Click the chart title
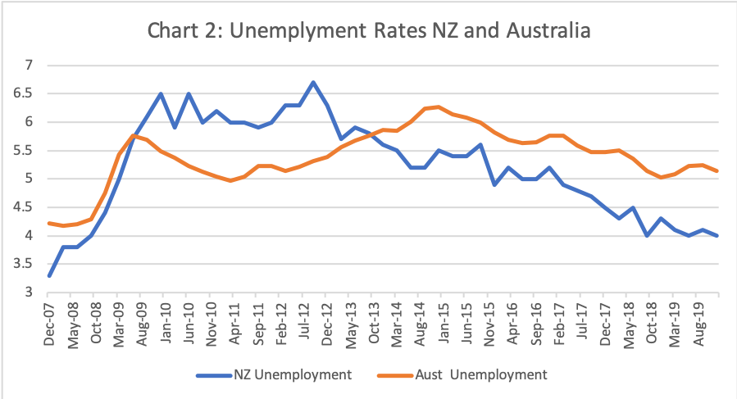pos(368,32)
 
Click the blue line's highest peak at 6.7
pos(313,82)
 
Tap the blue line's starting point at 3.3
pos(50,275)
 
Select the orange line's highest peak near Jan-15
pos(439,107)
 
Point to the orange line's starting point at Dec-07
pos(50,223)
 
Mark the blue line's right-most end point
pos(718,235)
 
